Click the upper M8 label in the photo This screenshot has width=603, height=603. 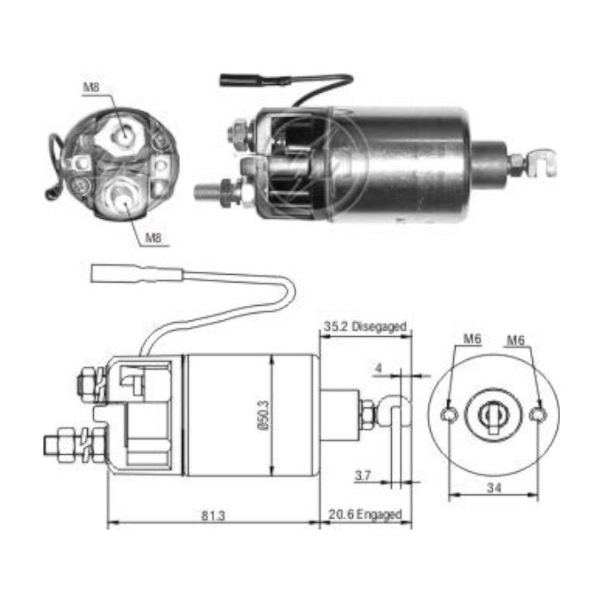click(x=92, y=88)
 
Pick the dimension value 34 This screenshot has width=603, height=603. click(x=494, y=487)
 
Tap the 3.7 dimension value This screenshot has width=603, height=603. click(x=363, y=474)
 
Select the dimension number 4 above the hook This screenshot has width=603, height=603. click(x=377, y=370)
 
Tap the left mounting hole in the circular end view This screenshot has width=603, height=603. click(x=449, y=416)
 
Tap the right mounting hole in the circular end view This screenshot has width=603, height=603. click(x=538, y=416)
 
